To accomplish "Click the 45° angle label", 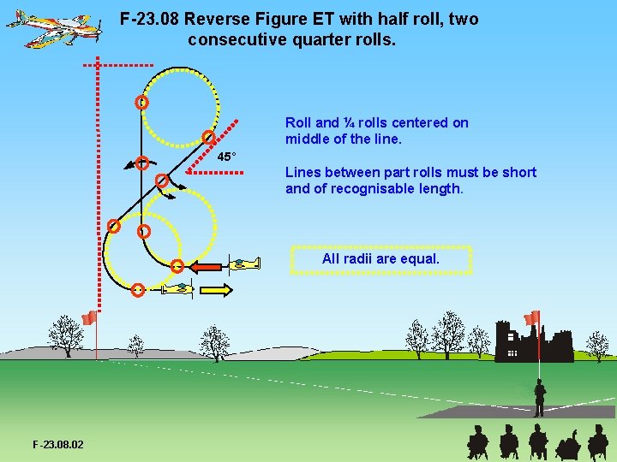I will point(226,157).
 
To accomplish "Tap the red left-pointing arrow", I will point(206,267).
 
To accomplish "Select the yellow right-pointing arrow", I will point(216,290).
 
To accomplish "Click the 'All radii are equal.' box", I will point(380,258).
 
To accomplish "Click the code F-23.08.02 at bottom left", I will point(58,444).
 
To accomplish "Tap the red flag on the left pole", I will point(88,319).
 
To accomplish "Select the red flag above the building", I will point(532,318).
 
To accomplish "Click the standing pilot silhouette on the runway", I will point(539,398).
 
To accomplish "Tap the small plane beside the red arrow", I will point(244,264).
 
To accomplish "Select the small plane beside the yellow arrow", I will point(178,289).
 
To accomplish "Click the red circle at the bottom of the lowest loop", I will point(138,290).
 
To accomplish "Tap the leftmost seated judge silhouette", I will point(477,441).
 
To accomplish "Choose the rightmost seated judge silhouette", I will point(597,441).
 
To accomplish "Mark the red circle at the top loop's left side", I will point(141,102).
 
